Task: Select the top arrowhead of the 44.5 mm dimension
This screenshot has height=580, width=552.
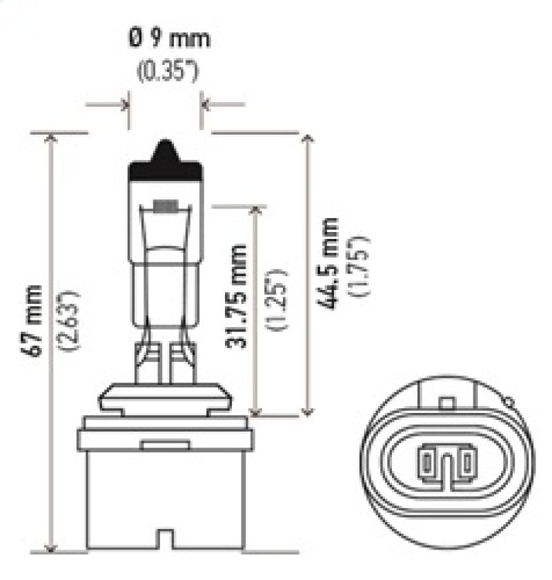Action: pyautogui.click(x=308, y=137)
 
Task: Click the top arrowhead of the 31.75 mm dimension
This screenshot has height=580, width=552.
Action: pyautogui.click(x=256, y=211)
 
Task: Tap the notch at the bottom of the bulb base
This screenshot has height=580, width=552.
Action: pyautogui.click(x=166, y=538)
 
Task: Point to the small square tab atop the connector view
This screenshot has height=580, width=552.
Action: pyautogui.click(x=447, y=401)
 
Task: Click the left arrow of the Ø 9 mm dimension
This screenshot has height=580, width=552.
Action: pyautogui.click(x=124, y=105)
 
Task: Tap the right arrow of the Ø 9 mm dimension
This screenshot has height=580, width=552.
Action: pyautogui.click(x=206, y=105)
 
